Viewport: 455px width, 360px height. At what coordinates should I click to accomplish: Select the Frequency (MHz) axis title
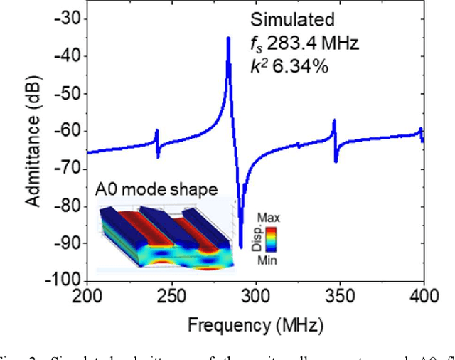click(255, 325)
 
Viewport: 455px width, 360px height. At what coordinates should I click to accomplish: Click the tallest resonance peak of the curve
click(228, 38)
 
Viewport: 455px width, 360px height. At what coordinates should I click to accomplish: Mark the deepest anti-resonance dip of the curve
click(240, 246)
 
